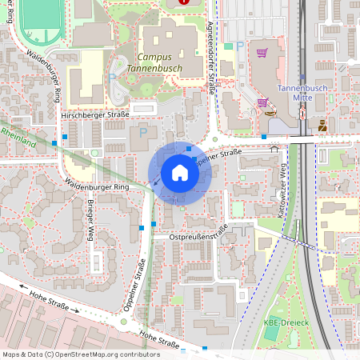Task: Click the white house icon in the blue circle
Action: coord(179,173)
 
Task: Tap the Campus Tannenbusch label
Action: coord(160,62)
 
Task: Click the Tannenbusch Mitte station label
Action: coord(302,92)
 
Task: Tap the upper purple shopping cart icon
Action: coord(262,53)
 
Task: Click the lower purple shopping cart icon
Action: coord(263,102)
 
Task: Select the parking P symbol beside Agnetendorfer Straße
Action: coord(241,46)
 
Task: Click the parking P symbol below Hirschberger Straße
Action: coord(143,131)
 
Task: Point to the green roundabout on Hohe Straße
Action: coord(123,322)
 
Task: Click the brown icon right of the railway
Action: coord(322,125)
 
